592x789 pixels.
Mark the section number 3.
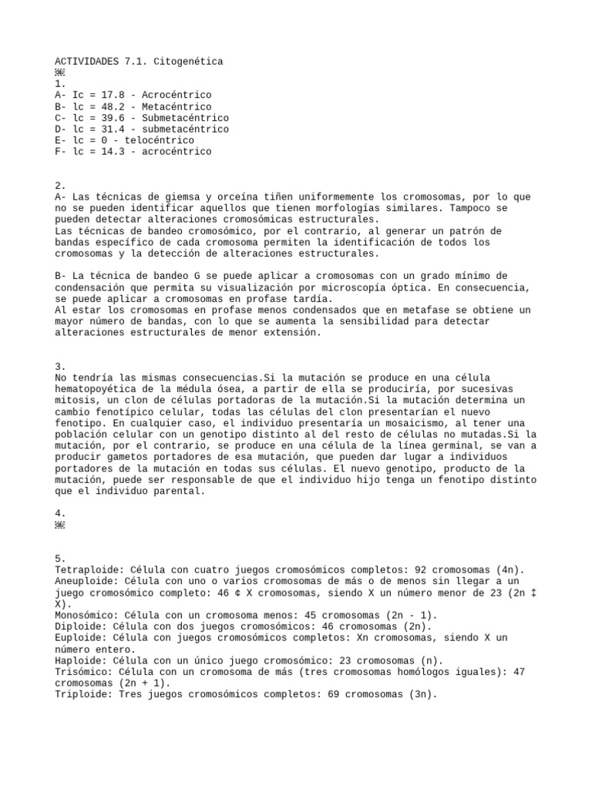(61, 367)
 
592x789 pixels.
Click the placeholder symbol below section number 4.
(61, 525)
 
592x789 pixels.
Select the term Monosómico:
(83, 616)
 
